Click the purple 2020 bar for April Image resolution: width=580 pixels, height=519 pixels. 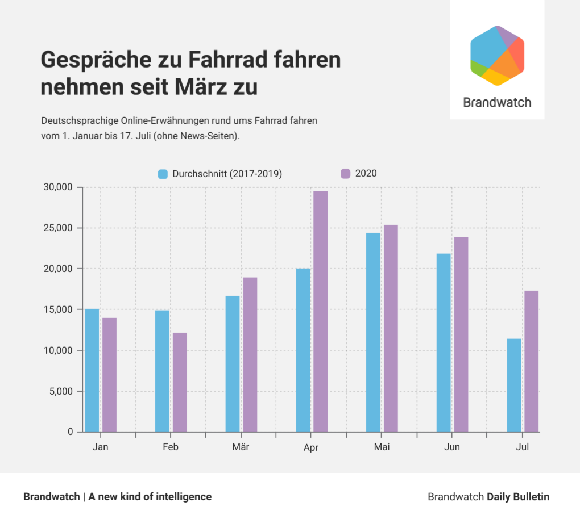tap(320, 311)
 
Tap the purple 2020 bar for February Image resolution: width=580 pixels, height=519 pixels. tap(180, 382)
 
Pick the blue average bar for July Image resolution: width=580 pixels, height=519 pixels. tap(514, 385)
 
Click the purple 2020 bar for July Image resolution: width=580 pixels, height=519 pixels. tap(532, 361)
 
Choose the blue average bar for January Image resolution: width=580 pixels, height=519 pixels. tap(92, 370)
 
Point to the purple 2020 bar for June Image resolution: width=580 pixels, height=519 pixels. tap(461, 334)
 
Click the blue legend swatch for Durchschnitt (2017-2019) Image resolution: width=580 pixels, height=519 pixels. tap(163, 174)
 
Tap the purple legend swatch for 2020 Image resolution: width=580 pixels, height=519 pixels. tap(345, 174)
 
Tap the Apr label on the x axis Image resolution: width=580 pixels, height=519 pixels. tap(311, 448)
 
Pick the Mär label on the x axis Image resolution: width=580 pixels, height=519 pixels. tap(241, 447)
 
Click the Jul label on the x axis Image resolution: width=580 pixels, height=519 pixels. tap(522, 447)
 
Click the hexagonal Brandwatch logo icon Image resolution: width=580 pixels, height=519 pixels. tap(497, 56)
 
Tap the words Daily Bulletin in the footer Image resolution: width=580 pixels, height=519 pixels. tap(518, 497)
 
